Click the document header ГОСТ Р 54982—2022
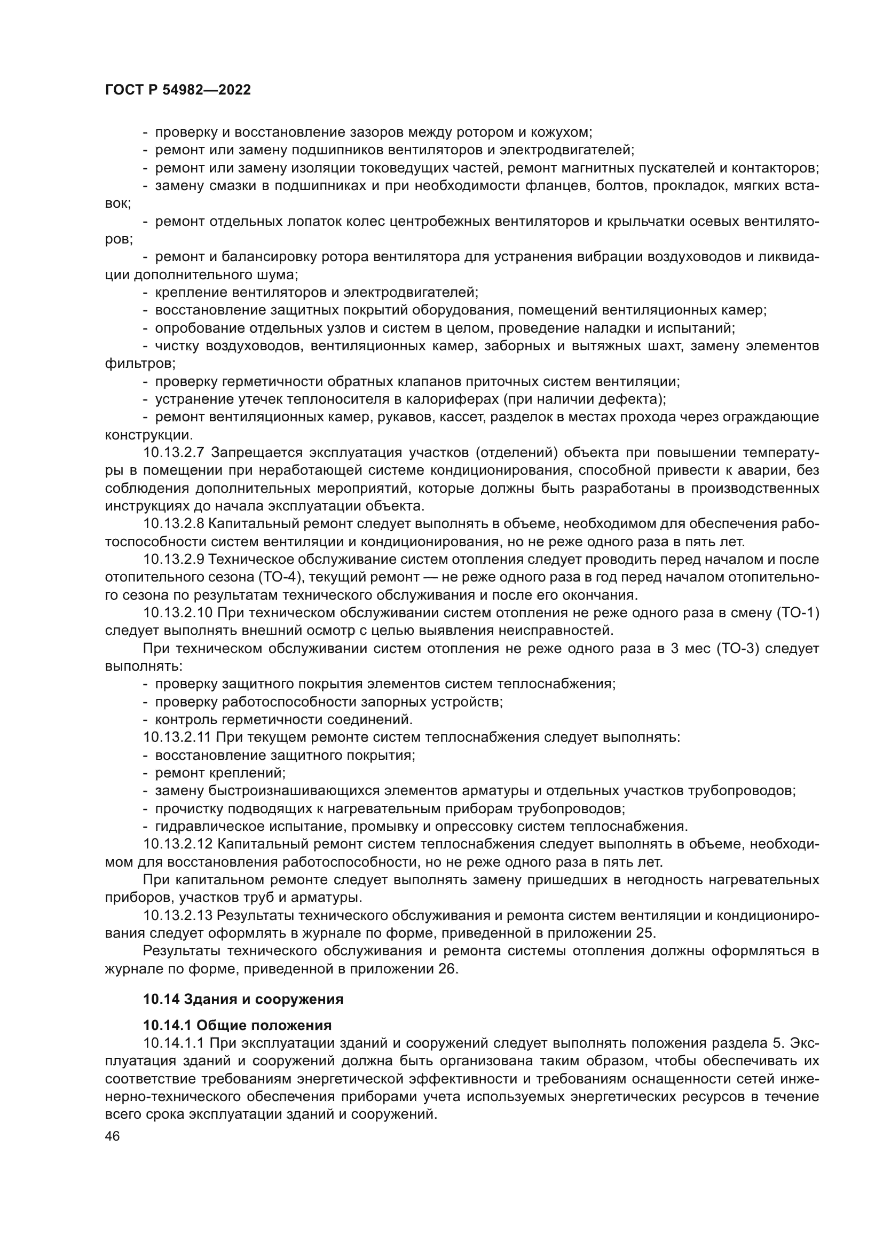click(178, 90)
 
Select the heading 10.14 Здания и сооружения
click(243, 999)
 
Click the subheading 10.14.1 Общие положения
click(237, 1026)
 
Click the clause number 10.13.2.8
click(174, 524)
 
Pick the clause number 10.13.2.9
click(174, 559)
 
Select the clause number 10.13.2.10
click(178, 613)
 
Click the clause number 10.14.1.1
click(174, 1043)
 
